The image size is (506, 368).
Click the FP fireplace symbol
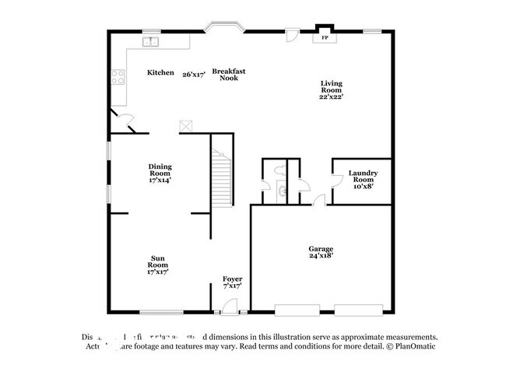(x=325, y=37)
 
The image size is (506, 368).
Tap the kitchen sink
(x=150, y=42)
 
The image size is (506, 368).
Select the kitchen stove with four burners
(x=119, y=76)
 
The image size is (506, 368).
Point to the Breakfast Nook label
(x=229, y=75)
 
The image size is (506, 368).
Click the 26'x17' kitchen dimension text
(x=194, y=75)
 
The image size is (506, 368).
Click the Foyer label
(x=232, y=282)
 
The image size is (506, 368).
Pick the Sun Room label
(x=158, y=266)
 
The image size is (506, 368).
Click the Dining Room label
(x=160, y=173)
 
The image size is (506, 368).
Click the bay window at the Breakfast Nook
(x=225, y=29)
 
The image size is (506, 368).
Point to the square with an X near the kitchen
(x=185, y=125)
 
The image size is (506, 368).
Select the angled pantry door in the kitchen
(x=125, y=119)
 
